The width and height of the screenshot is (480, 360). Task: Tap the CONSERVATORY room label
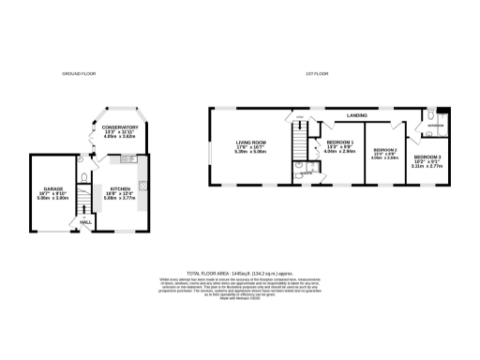(121, 127)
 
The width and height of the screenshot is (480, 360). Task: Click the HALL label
(85, 222)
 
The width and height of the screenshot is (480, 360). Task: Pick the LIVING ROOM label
(251, 142)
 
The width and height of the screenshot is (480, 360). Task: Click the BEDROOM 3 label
(427, 156)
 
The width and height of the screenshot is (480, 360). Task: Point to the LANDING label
(356, 115)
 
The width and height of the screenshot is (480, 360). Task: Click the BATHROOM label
(437, 124)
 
